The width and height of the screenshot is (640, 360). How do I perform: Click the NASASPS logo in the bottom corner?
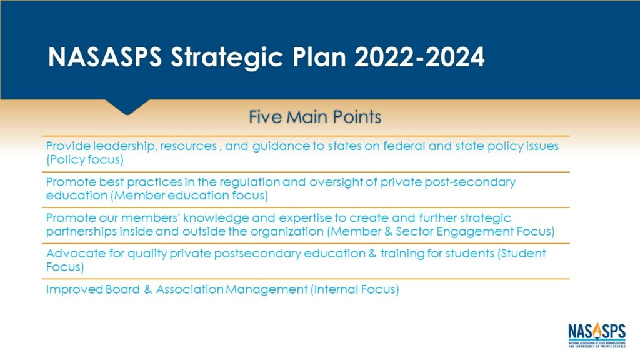597,335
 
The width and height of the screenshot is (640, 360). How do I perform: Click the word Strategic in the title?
226,57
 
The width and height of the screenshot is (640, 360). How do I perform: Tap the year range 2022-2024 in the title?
419,57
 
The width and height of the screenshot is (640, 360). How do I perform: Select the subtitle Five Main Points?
315,117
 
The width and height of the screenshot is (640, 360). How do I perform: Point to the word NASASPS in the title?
105,57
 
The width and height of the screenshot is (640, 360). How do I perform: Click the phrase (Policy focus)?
85,159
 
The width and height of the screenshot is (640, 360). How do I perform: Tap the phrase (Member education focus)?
189,196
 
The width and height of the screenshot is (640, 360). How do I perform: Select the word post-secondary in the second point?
470,182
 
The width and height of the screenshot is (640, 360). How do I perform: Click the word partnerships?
81,232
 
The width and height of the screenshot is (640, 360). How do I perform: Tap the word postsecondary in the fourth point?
257,254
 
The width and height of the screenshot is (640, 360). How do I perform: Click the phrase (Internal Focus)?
355,289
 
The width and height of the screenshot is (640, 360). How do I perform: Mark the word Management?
266,290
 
